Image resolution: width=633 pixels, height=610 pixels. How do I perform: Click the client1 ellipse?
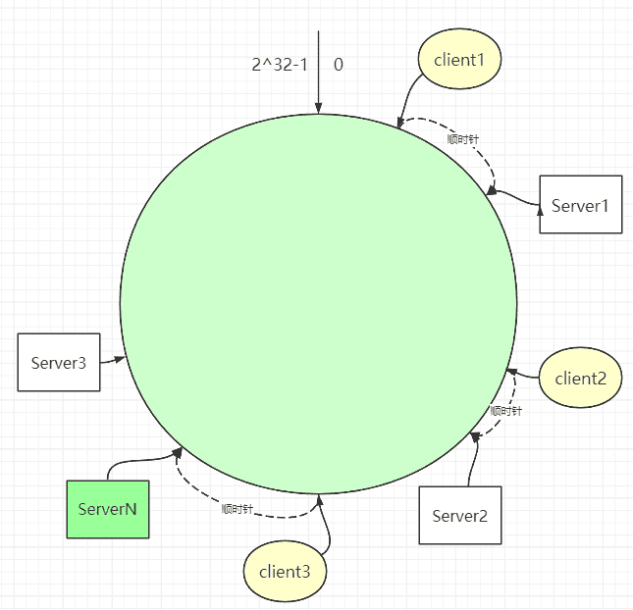pos(459,59)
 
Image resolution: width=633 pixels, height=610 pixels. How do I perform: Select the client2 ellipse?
pos(581,378)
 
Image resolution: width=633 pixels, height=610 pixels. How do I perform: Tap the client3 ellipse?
pos(285,572)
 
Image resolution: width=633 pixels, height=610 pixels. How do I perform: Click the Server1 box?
pos(581,205)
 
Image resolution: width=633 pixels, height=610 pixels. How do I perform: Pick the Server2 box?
pos(460,515)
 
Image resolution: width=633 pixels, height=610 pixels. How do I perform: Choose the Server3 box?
pos(59,362)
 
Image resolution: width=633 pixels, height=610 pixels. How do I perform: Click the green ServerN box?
pos(108,509)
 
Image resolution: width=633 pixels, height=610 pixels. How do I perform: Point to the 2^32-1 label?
pos(280,65)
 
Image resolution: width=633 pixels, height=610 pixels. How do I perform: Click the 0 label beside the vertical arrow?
pos(339,65)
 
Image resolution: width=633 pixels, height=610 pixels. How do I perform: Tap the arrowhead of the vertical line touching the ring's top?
pos(319,109)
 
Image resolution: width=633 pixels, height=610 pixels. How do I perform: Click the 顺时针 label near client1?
pos(462,139)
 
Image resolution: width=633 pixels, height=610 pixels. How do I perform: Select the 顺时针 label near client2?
pos(505,411)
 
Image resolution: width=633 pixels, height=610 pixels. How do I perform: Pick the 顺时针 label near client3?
pos(237,509)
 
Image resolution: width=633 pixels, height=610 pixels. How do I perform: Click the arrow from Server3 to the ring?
pos(113,360)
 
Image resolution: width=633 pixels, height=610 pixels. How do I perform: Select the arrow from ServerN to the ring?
pos(137,460)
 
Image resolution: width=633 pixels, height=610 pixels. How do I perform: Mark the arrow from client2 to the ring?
pos(522,374)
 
